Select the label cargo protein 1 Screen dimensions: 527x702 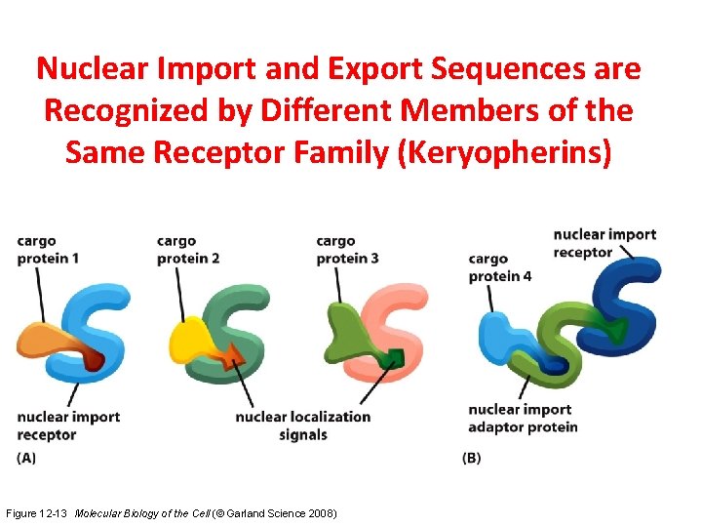tap(48, 250)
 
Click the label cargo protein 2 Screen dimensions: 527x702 tap(187, 250)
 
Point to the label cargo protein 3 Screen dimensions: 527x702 tap(347, 250)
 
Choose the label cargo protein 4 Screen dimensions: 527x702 tap(499, 267)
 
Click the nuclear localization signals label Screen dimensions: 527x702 tap(302, 426)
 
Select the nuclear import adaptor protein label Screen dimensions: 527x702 tap(523, 418)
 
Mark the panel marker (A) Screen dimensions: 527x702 tap(26, 457)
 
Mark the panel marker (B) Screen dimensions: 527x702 tap(471, 457)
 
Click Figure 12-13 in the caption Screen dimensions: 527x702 tap(37, 512)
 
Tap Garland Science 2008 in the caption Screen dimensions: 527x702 tap(285, 512)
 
